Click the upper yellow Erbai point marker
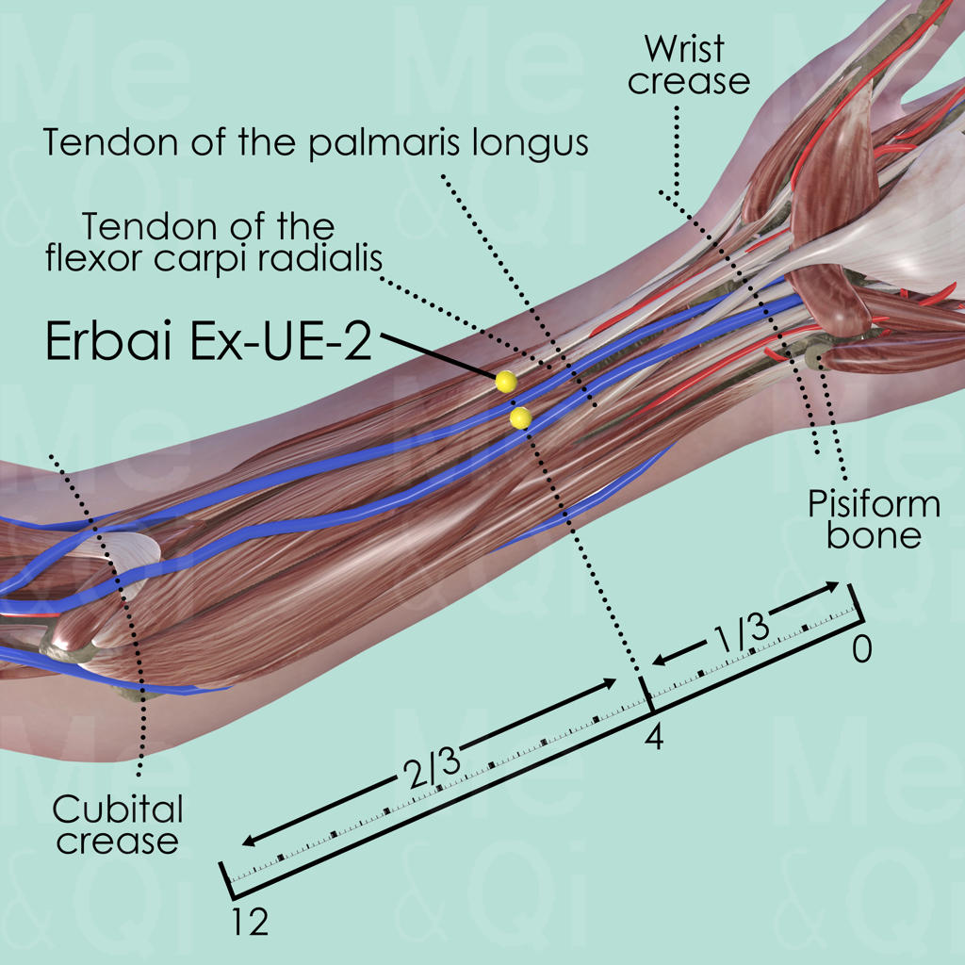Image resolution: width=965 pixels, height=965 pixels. (x=506, y=381)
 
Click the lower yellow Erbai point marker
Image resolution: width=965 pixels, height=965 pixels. (x=519, y=417)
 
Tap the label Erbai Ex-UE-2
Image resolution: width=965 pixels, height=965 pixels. (x=206, y=341)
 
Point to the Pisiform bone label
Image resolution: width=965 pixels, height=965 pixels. (x=874, y=519)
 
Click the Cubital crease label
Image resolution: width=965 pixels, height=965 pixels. (x=117, y=824)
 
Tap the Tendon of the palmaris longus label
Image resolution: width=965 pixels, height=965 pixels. (x=316, y=143)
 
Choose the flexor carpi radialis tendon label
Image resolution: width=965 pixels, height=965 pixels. (x=207, y=243)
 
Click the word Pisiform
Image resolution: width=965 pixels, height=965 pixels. (x=874, y=504)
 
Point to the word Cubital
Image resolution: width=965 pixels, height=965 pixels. (x=118, y=809)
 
